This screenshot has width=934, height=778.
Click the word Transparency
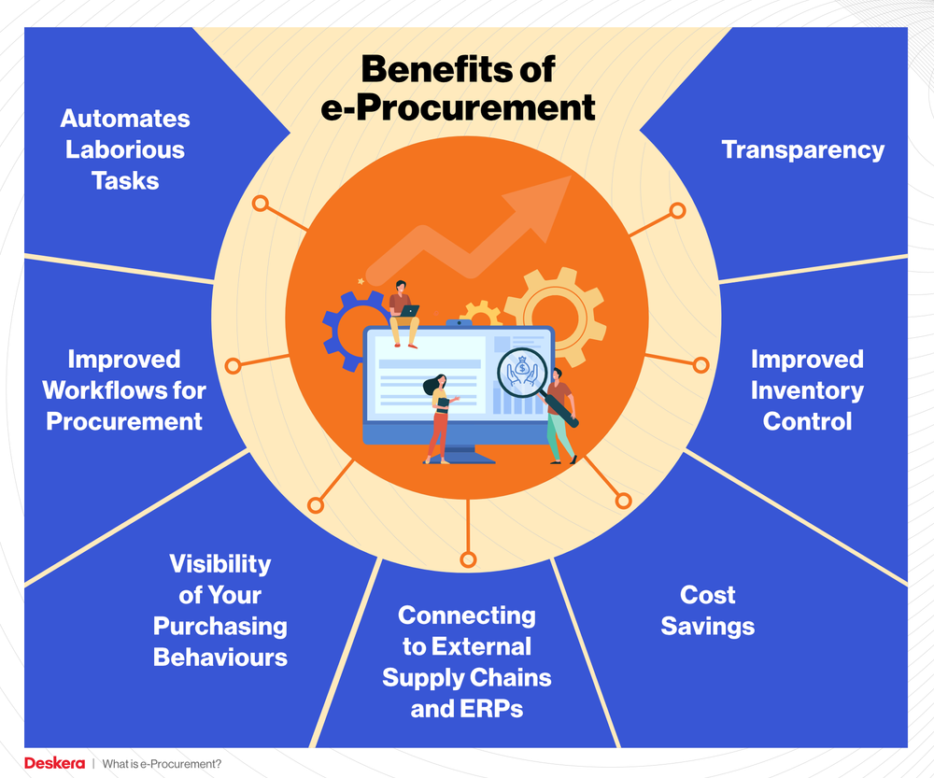(x=802, y=149)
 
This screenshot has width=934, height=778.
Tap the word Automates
(x=125, y=119)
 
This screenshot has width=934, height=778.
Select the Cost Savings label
(x=707, y=610)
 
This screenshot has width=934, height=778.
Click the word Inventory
(x=807, y=390)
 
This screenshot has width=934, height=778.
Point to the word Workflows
(x=123, y=390)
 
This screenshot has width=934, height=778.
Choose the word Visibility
(x=219, y=564)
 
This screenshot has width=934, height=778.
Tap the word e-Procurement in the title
(x=457, y=107)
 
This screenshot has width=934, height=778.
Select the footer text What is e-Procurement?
(x=162, y=764)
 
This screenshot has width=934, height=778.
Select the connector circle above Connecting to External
(x=468, y=560)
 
